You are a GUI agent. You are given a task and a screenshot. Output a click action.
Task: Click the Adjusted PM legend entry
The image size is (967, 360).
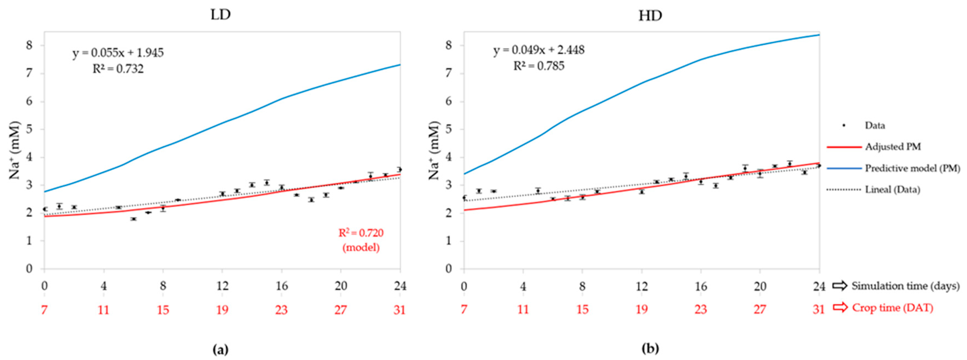893,147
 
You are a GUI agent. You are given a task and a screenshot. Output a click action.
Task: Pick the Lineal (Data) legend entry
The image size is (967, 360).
892,189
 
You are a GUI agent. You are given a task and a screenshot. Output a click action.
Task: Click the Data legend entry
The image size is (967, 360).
875,125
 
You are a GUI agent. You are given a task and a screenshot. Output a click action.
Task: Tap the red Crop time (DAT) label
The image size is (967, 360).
892,308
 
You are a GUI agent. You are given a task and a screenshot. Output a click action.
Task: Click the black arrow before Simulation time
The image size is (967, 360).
840,286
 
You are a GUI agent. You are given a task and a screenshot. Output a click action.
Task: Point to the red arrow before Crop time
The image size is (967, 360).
840,307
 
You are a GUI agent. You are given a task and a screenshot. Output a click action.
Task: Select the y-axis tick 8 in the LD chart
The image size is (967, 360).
29,45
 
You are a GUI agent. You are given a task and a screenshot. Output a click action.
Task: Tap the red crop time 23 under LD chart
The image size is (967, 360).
281,310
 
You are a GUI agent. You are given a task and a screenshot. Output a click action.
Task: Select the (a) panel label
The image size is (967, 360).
220,350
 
